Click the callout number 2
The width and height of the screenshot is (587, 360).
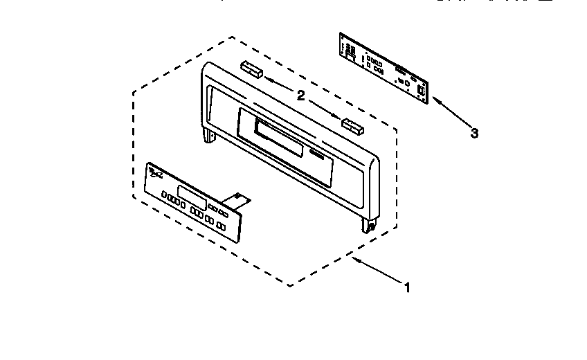tap(301, 96)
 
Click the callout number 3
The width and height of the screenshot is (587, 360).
tap(474, 134)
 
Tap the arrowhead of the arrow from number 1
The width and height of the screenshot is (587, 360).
tap(354, 258)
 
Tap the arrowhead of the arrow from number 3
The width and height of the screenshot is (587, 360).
tap(434, 100)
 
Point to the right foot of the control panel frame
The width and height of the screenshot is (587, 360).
tap(368, 225)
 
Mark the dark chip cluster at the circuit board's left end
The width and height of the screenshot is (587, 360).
tap(350, 51)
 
